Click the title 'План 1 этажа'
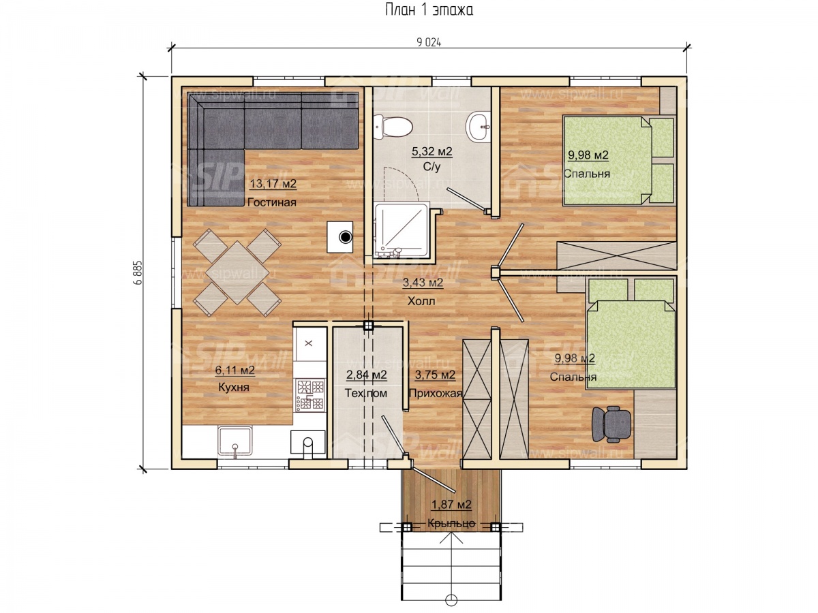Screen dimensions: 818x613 point(429,10)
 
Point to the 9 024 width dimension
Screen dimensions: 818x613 point(429,43)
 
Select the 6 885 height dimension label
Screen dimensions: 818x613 point(138,272)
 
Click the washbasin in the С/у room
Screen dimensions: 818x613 point(478,127)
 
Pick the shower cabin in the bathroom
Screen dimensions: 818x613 point(402,231)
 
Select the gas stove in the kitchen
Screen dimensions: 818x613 point(309,394)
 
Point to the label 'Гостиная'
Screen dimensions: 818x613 point(272,202)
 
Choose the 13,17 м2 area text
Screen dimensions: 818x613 point(273,184)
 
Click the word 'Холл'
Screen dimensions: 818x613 point(421,301)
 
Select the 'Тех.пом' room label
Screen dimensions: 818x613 point(366,393)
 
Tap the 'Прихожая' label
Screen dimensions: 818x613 point(436,393)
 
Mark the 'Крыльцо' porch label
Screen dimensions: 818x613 point(451,523)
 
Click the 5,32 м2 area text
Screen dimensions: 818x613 point(432,151)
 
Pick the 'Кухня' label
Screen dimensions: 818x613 point(234,388)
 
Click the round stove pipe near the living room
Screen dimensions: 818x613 point(346,236)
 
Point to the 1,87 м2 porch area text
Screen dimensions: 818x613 point(451,504)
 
